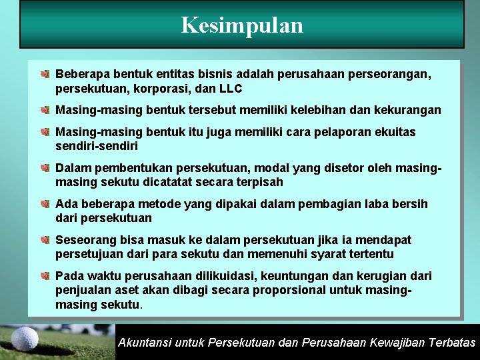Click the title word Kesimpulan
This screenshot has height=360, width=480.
tap(241, 25)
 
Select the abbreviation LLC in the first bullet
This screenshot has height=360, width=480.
tap(230, 89)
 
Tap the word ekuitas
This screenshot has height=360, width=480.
tap(393, 132)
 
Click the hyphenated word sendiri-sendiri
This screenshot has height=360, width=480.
tap(97, 146)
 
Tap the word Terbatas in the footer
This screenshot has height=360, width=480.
tap(451, 343)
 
